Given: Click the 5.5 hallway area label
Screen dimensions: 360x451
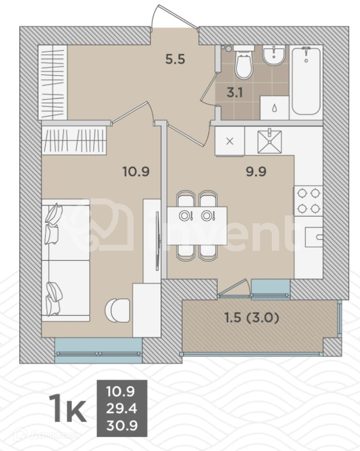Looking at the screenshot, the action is point(175,60).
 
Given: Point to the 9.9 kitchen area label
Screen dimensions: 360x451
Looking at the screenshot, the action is point(256,172).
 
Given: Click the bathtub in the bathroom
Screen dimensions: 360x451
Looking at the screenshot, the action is point(306,81).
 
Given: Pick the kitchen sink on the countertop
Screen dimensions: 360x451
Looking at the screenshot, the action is point(270,142).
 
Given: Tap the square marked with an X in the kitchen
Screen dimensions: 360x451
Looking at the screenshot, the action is point(230,142).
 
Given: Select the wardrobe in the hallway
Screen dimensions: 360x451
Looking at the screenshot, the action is point(53,82).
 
